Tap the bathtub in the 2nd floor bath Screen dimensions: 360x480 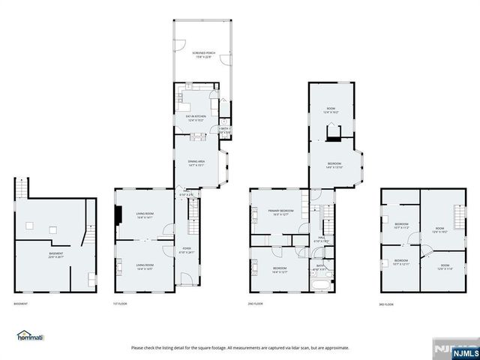319,285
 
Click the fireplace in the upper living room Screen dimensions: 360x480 118,216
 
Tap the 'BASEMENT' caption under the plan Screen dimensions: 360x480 21,304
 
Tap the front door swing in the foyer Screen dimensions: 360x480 186,280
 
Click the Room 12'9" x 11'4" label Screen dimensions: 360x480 445,267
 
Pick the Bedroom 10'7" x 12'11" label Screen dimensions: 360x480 402,262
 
